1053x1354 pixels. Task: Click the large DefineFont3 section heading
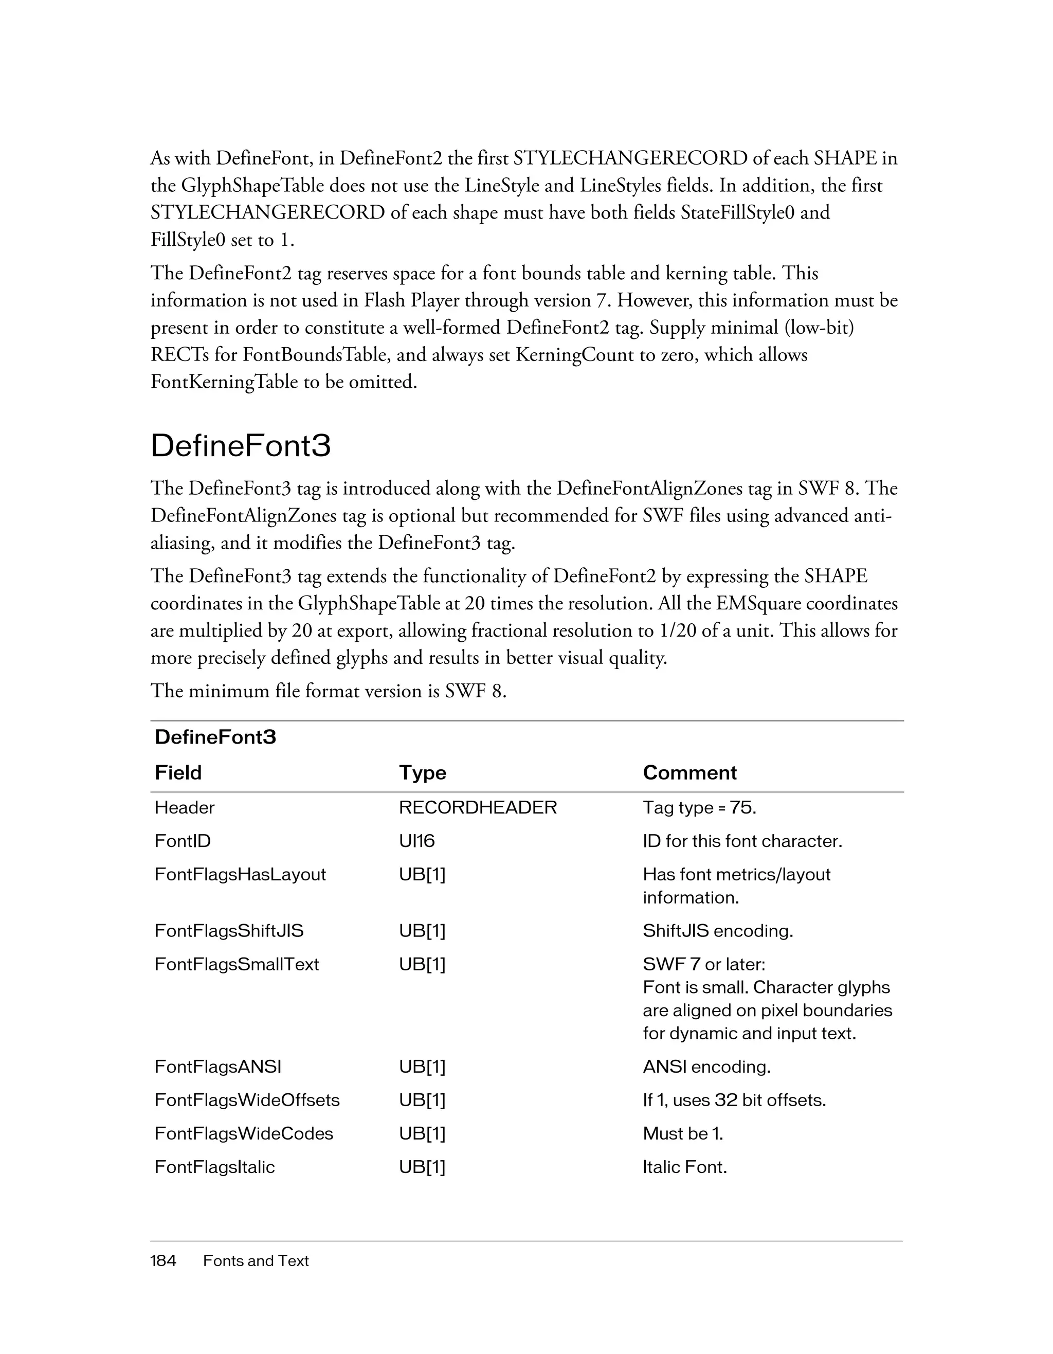241,446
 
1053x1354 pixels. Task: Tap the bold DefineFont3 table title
215,737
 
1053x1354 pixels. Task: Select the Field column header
178,772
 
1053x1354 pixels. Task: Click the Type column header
422,772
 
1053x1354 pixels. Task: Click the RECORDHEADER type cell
478,807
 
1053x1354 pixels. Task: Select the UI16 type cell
416,841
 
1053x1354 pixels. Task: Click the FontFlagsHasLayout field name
240,874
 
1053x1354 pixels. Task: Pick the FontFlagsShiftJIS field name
229,931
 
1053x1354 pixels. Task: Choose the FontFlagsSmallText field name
236,964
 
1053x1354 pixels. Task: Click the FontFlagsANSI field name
217,1067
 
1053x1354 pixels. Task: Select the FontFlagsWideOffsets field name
247,1100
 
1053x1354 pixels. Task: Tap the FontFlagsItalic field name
214,1167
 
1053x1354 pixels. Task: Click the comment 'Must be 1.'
683,1133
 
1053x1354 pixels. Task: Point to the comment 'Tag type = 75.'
699,807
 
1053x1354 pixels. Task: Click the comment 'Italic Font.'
684,1167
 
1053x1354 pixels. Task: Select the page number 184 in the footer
163,1260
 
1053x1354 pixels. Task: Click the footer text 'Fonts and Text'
256,1260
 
